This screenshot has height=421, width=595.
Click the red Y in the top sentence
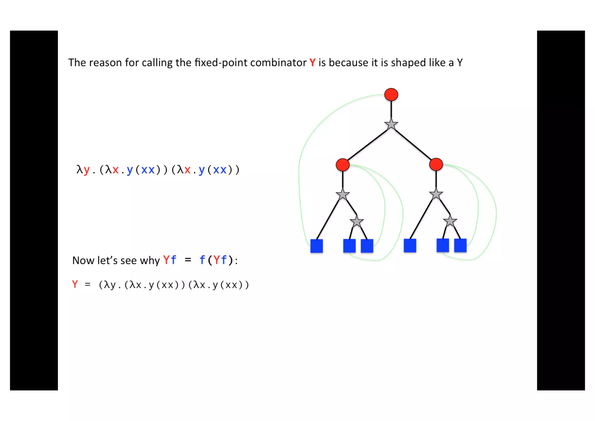click(312, 63)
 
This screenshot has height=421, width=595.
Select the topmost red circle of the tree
click(391, 94)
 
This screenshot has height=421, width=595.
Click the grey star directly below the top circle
click(391, 124)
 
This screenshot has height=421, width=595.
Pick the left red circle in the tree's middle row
click(343, 165)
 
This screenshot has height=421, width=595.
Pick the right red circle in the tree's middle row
click(436, 164)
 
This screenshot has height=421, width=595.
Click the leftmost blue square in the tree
click(316, 246)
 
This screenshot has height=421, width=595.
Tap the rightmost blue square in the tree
click(460, 245)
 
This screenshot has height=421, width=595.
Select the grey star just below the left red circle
click(343, 195)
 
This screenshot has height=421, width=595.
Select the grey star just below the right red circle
click(436, 194)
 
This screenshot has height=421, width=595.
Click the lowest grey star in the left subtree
click(356, 222)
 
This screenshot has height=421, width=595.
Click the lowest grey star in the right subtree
click(450, 222)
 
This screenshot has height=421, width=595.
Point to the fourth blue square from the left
click(410, 245)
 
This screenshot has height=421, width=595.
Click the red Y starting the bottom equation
click(75, 284)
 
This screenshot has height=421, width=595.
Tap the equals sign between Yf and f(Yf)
click(188, 260)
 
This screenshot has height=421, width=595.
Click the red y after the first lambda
click(87, 170)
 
